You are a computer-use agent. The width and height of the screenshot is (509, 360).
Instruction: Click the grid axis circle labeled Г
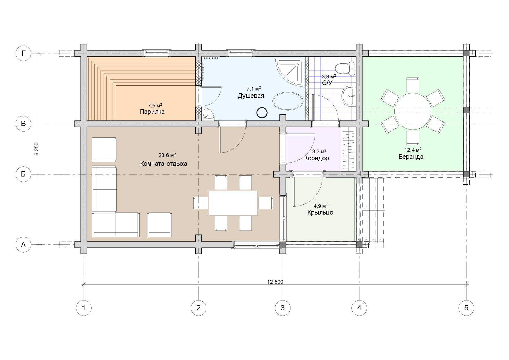23,53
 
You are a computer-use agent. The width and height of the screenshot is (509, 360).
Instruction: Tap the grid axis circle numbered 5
466,307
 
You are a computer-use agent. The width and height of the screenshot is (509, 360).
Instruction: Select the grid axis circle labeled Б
23,174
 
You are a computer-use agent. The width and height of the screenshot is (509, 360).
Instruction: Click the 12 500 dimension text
275,282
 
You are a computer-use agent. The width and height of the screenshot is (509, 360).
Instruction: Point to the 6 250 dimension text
37,149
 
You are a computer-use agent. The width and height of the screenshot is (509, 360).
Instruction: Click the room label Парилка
152,112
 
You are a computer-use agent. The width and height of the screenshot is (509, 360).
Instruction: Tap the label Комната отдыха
164,164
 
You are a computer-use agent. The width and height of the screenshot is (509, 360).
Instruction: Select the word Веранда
411,157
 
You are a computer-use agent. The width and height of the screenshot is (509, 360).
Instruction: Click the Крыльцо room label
320,213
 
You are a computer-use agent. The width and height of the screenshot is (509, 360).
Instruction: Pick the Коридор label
317,159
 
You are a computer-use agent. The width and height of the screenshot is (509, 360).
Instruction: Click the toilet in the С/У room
345,68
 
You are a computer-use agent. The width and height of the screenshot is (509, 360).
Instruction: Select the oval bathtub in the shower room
288,101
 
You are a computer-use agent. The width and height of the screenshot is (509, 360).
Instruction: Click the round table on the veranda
412,111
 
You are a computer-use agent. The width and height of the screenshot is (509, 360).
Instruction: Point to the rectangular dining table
233,203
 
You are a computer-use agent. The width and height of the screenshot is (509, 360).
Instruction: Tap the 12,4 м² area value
413,150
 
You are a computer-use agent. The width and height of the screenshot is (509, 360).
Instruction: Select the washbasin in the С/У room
349,96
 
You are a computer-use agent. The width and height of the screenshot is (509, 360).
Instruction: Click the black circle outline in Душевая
262,113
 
